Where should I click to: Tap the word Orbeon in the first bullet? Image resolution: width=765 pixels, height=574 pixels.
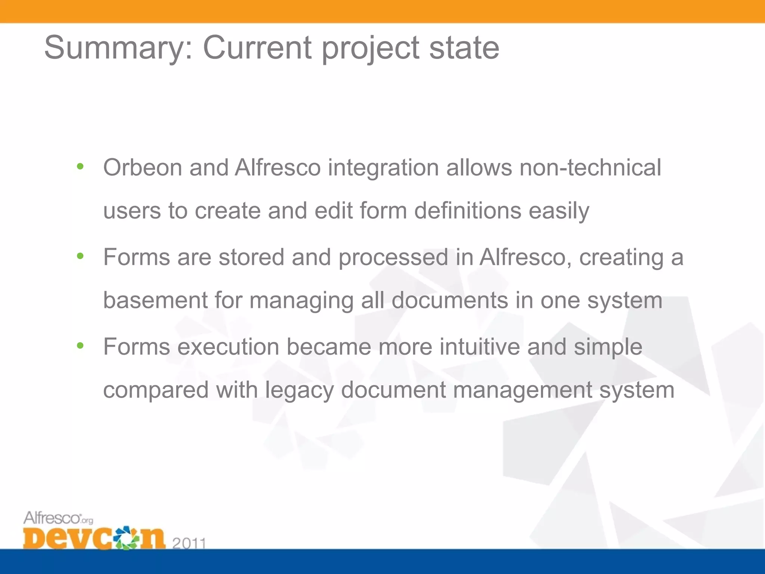pos(142,167)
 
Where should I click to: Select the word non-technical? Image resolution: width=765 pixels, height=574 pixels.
pos(590,167)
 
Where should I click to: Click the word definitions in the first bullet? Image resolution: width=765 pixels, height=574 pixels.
pos(467,210)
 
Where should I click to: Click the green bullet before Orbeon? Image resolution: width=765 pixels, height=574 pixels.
pos(80,167)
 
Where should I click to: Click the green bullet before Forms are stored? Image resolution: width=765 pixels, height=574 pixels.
pos(80,256)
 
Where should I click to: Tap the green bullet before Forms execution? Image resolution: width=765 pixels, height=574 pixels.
pos(80,346)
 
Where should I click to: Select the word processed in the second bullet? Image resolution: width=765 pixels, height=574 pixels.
pos(393,258)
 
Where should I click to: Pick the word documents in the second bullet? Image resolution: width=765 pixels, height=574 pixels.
pos(449,300)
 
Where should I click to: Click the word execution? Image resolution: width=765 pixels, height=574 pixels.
pos(228,347)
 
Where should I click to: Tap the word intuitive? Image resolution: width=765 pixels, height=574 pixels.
pos(479,347)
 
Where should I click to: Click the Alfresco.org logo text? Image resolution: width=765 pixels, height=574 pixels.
pos(58,518)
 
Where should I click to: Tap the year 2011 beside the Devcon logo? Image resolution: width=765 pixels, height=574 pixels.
pos(189,543)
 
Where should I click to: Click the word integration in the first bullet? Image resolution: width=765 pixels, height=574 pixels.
pos(383,168)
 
